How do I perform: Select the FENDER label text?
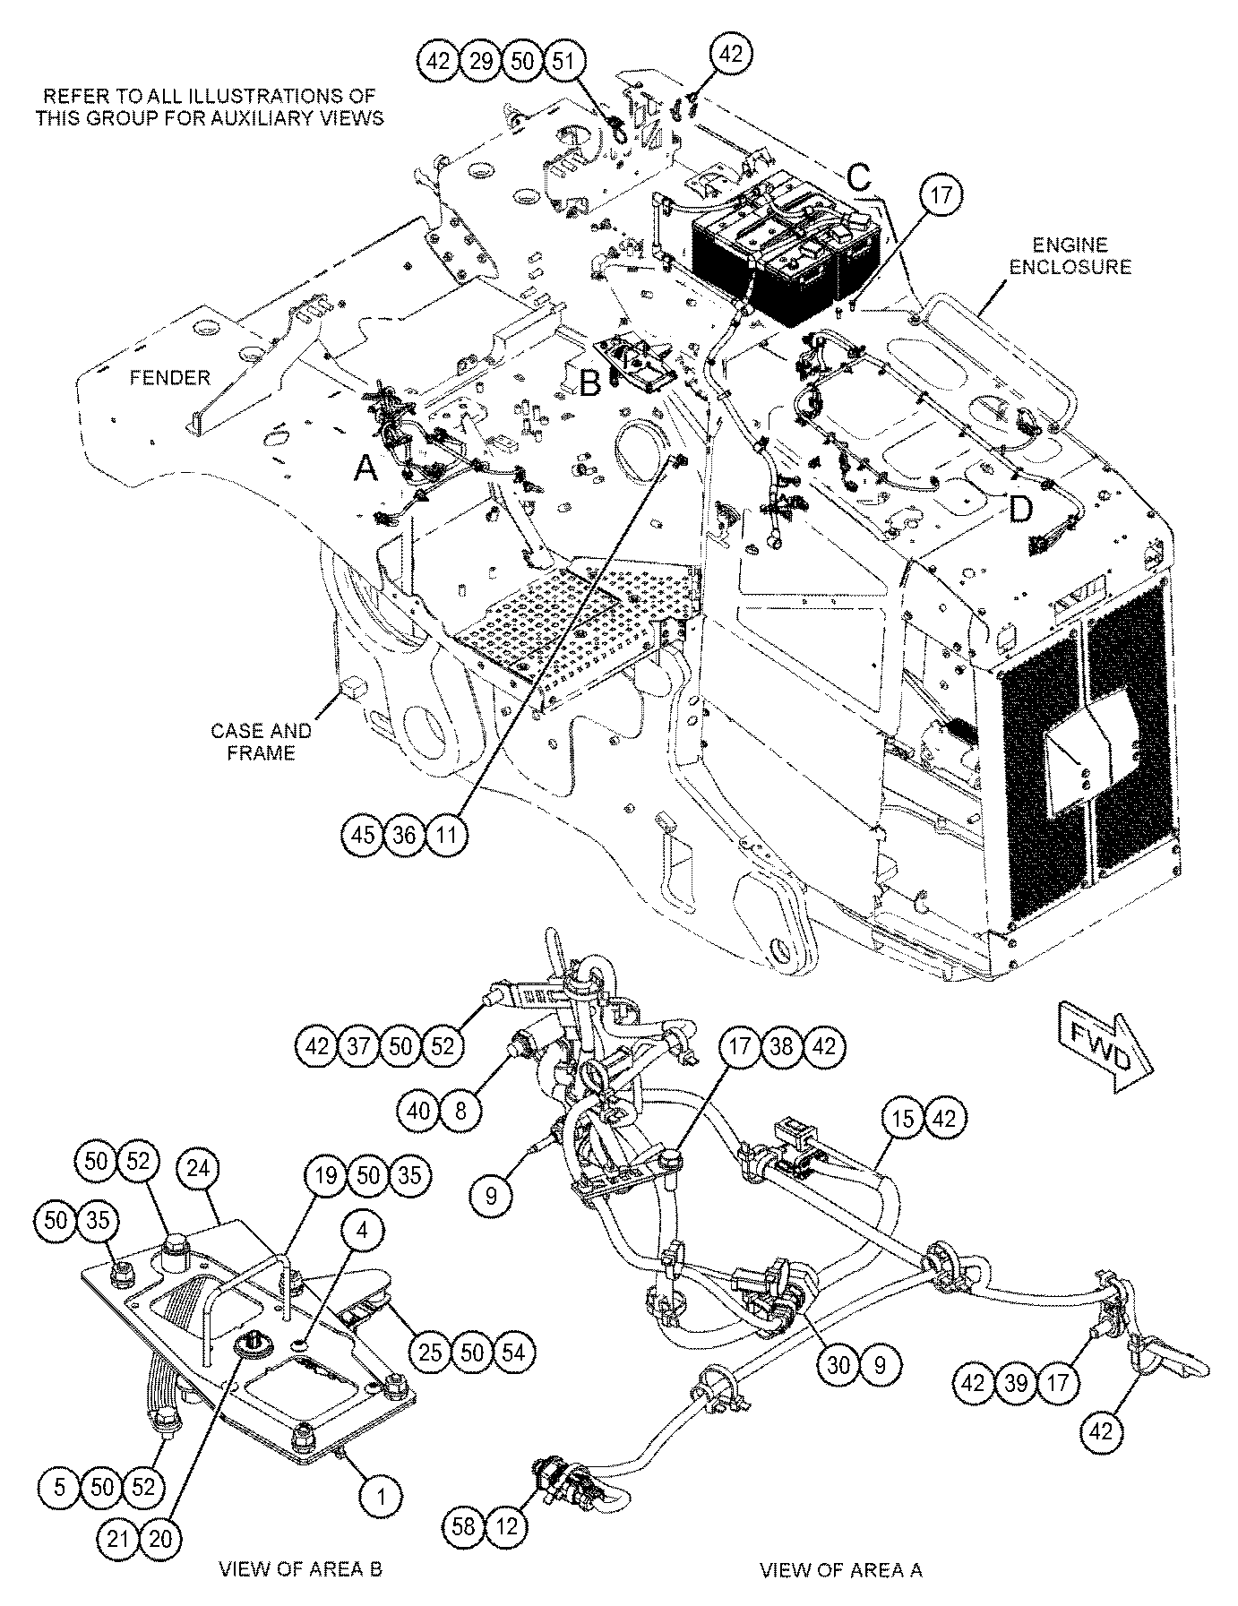(x=169, y=378)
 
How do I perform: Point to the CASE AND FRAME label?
(x=261, y=741)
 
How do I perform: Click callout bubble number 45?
(x=364, y=836)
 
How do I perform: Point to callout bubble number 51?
(x=564, y=62)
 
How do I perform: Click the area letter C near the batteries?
(x=859, y=178)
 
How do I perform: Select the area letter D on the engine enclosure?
(x=1020, y=509)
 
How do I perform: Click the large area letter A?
(x=365, y=467)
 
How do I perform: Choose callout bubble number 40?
(x=419, y=1112)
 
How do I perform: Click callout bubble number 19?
(x=325, y=1175)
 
